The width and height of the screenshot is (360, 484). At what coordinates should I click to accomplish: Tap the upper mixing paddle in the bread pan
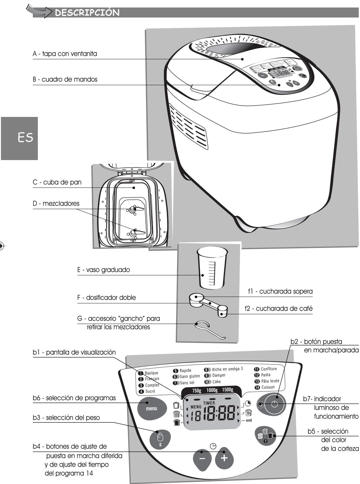coord(135,209)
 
